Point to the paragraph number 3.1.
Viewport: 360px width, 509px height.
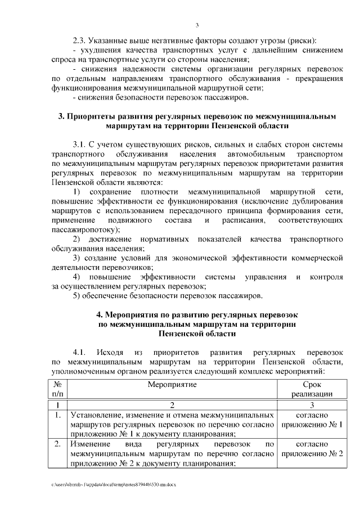click(x=82, y=145)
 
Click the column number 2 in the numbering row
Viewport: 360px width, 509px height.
click(x=172, y=405)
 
